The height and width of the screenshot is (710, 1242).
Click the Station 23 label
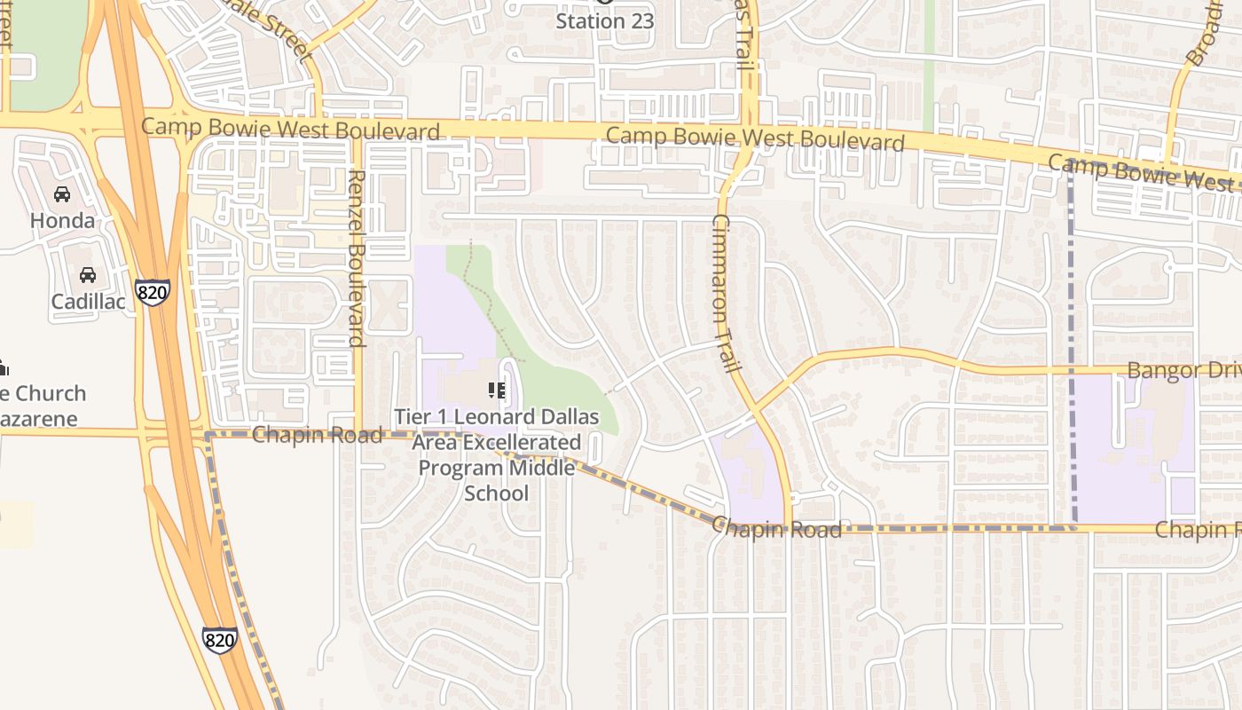pos(604,20)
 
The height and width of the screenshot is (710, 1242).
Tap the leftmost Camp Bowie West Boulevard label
pos(290,129)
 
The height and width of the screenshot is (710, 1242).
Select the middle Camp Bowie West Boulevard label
pos(755,139)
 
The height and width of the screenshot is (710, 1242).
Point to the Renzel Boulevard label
pos(357,257)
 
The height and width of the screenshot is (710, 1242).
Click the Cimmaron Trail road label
pos(726,293)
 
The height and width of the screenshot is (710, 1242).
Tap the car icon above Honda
pos(62,194)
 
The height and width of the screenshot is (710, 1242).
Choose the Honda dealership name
pos(62,220)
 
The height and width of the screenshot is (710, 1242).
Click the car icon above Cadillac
pos(87,275)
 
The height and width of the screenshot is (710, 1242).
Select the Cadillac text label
pos(87,301)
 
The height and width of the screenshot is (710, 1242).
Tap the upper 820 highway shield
pos(153,292)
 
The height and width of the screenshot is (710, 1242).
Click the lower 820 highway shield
pos(219,639)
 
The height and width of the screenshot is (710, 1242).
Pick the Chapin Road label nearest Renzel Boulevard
pos(317,435)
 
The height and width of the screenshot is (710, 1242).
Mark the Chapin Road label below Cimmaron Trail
pos(776,529)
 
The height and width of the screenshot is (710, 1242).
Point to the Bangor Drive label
pos(1183,370)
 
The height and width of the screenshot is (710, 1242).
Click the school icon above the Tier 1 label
pos(497,390)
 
